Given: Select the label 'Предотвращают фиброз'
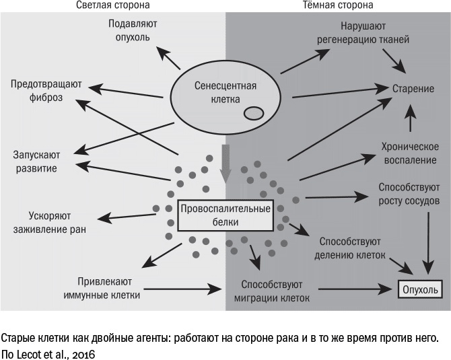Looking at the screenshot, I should pyautogui.click(x=46, y=91).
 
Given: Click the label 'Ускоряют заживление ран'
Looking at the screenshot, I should pyautogui.click(x=57, y=223).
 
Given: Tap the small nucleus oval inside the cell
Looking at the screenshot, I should pyautogui.click(x=252, y=113).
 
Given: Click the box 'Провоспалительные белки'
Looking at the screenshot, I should pyautogui.click(x=225, y=215).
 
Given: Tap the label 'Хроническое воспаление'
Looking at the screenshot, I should pyautogui.click(x=409, y=154).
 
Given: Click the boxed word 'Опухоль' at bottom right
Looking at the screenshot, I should pyautogui.click(x=419, y=290).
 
